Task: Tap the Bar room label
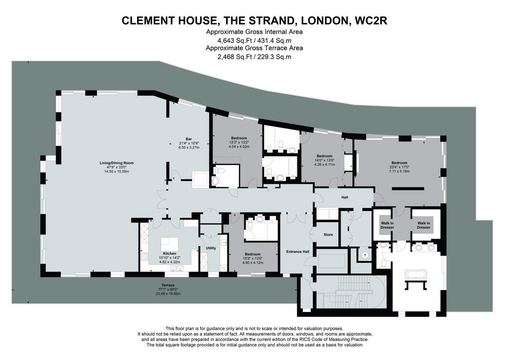[x=189, y=139]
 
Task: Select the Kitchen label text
[x=169, y=253]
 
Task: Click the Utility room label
[x=211, y=248]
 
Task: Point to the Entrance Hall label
[x=298, y=252]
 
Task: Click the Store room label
[x=328, y=235]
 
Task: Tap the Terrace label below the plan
[x=168, y=285]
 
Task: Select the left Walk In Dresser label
[x=387, y=225]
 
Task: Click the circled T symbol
[x=365, y=256]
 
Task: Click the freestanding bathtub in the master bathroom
[x=415, y=274]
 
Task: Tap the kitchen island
[x=170, y=244]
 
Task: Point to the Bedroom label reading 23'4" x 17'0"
[x=399, y=163]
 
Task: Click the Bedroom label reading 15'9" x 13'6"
[x=252, y=254]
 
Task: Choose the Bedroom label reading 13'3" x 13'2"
[x=239, y=138]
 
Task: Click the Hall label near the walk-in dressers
[x=344, y=197]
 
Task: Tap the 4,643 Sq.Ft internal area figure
[x=233, y=41]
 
